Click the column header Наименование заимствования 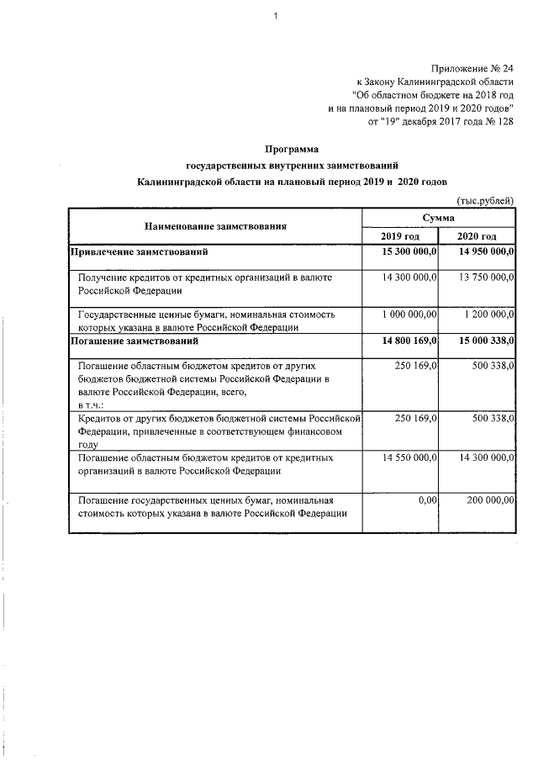(x=216, y=226)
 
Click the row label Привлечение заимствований (x=139, y=251)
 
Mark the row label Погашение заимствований (x=134, y=342)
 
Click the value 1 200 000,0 (x=488, y=314)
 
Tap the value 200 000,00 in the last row (x=490, y=500)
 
